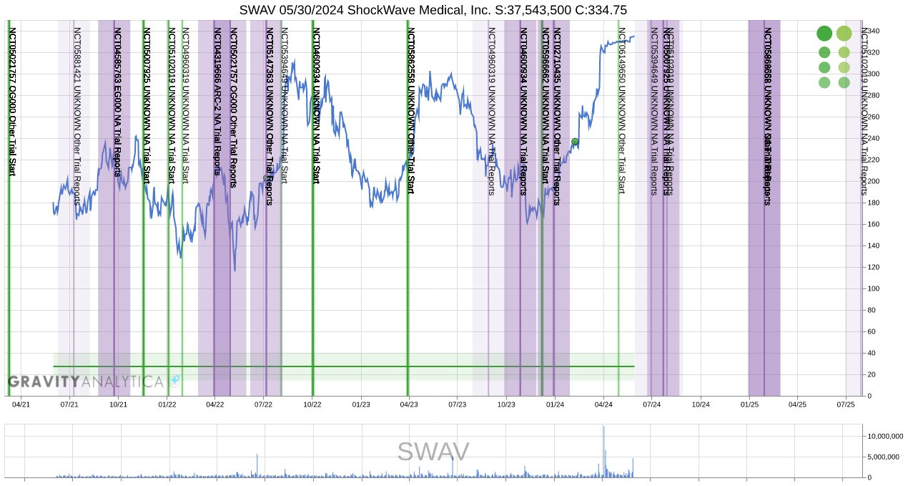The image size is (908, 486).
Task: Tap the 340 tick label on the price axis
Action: click(874, 31)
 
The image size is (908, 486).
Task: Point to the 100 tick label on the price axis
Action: click(874, 288)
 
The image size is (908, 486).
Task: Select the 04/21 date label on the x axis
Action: click(21, 404)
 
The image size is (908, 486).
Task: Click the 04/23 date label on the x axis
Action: click(409, 404)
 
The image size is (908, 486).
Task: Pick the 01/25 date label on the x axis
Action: click(749, 404)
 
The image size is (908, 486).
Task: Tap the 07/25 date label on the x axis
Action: click(846, 404)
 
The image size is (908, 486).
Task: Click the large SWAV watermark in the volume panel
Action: click(433, 452)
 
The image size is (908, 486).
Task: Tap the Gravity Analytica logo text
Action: click(86, 381)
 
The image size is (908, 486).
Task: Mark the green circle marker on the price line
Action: click(575, 142)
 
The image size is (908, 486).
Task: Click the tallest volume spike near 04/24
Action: click(603, 429)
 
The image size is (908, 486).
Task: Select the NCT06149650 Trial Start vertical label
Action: click(622, 111)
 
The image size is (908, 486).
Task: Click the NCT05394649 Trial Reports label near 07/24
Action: click(653, 111)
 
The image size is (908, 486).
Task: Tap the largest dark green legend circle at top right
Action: click(824, 34)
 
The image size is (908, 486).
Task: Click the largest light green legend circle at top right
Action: click(844, 34)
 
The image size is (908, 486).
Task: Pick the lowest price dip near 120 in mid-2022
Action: click(235, 270)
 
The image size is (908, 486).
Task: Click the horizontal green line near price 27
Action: click(343, 366)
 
